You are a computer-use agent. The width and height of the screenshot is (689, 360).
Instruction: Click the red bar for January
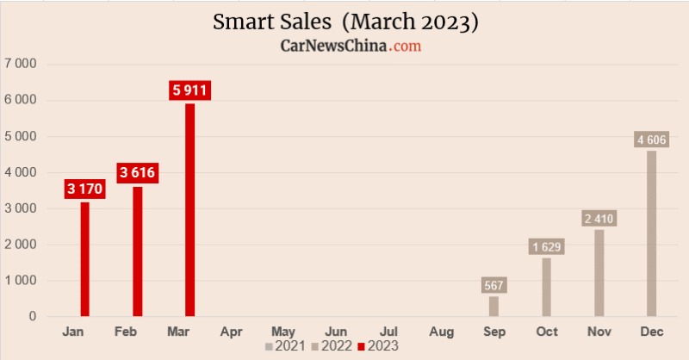(84, 259)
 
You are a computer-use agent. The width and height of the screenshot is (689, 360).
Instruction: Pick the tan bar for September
(494, 307)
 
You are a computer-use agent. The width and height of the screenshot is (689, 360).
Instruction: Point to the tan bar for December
(652, 233)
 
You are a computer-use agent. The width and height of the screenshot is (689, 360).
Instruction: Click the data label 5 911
(189, 90)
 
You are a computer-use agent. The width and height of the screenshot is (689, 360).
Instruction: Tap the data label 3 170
(84, 189)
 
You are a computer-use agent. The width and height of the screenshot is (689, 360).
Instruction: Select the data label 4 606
(652, 140)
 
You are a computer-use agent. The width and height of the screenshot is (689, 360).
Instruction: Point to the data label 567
(494, 285)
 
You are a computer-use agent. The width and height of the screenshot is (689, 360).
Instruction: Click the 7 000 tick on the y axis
(21, 64)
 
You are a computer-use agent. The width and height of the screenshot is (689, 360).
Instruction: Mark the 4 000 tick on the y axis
(21, 172)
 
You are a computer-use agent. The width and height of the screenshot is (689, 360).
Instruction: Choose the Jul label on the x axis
(389, 331)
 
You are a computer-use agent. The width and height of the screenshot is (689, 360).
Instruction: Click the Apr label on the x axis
(231, 331)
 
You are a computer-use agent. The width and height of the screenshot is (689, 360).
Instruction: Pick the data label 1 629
(547, 247)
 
